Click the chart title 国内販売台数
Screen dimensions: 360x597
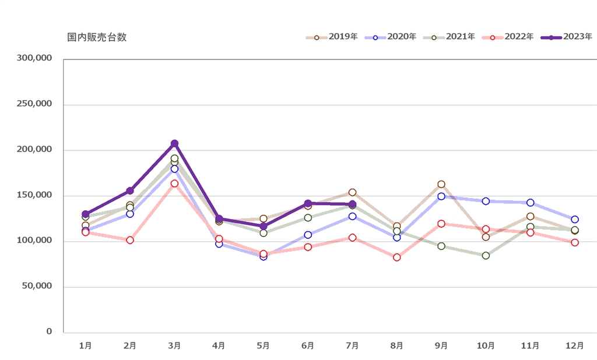97,37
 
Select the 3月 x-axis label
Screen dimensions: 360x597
174,345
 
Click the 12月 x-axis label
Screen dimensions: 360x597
574,345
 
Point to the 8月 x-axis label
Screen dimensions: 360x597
396,345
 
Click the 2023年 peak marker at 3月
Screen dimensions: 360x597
174,144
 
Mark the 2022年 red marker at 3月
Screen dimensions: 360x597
174,183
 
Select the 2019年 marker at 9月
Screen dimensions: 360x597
441,184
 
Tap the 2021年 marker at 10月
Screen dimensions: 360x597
486,256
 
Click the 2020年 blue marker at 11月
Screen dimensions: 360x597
530,203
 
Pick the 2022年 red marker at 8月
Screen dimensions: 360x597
396,257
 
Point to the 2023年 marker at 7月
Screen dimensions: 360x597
352,204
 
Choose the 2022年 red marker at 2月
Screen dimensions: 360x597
130,240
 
